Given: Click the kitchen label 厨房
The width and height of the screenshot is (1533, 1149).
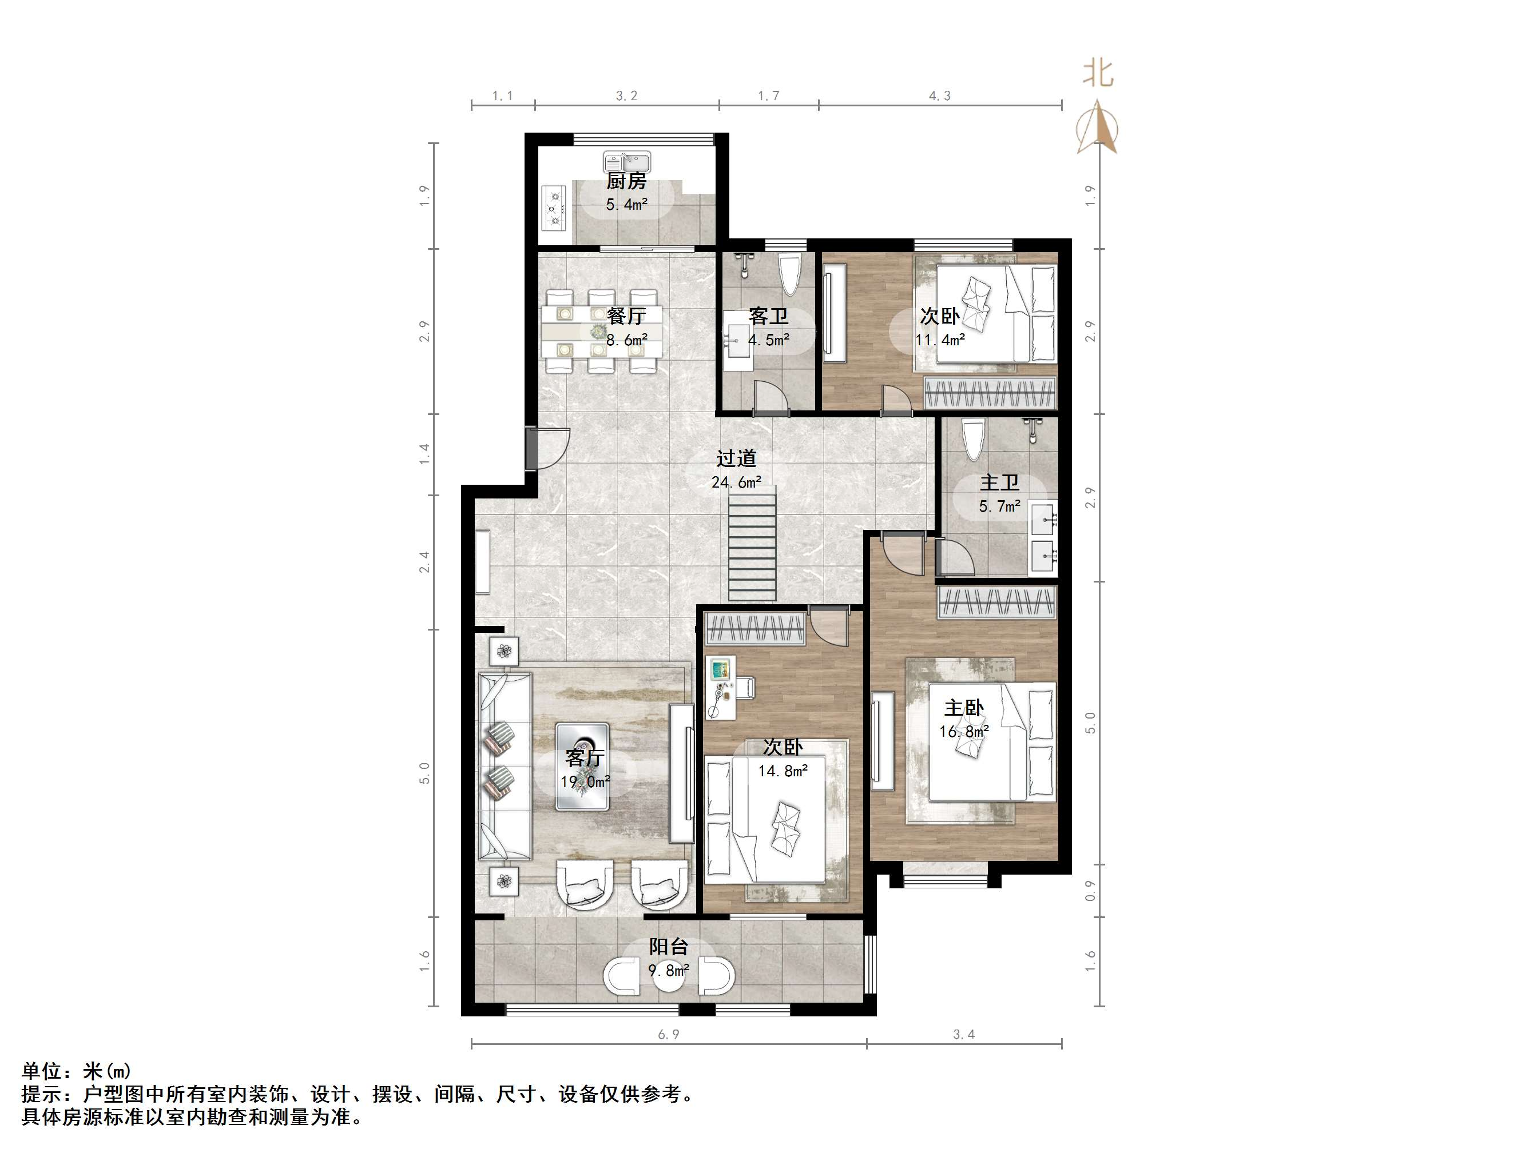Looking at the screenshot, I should click(x=626, y=181).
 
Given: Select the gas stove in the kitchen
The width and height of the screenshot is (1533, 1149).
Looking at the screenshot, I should click(x=554, y=209).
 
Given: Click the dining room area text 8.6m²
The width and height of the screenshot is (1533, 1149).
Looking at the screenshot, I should click(x=626, y=340).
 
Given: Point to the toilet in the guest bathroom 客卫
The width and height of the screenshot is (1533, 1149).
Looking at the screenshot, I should click(x=790, y=275).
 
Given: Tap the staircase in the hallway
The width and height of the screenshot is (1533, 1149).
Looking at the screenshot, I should click(x=752, y=543).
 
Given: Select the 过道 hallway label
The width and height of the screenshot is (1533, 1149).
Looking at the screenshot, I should click(x=736, y=458).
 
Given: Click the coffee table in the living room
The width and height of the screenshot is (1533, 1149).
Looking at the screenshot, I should click(x=582, y=766).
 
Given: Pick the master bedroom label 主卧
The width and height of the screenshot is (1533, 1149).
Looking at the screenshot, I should click(x=964, y=708).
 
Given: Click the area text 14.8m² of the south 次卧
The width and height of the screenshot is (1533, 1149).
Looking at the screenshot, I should click(x=783, y=771).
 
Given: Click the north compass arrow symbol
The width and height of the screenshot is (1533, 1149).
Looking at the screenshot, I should click(x=1097, y=128).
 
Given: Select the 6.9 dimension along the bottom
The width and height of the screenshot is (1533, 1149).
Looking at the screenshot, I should click(x=668, y=1034).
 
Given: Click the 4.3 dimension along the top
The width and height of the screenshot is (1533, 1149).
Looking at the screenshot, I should click(x=939, y=96).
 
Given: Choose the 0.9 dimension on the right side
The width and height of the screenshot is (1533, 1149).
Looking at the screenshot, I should click(x=1090, y=891).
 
